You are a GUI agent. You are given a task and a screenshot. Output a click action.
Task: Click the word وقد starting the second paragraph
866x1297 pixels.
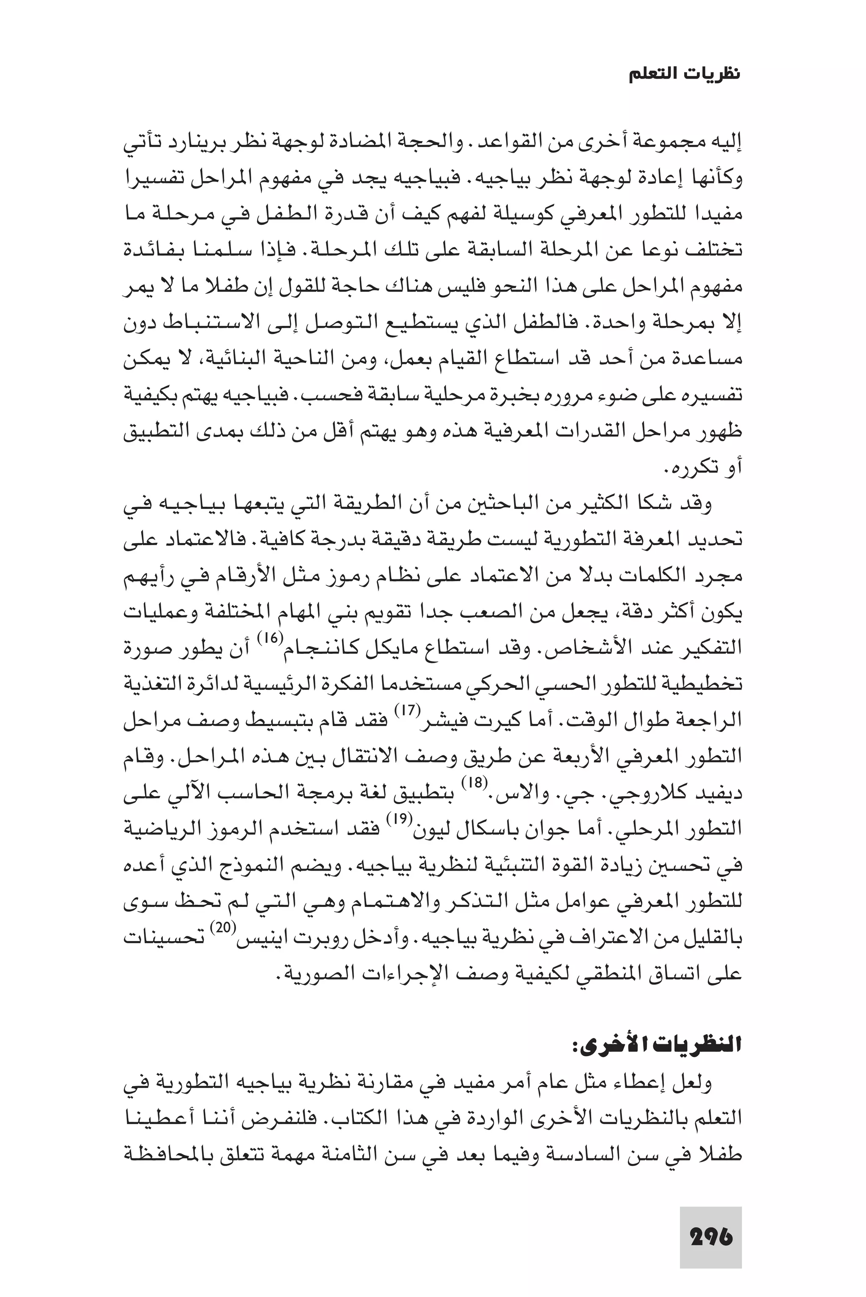[700, 504]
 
